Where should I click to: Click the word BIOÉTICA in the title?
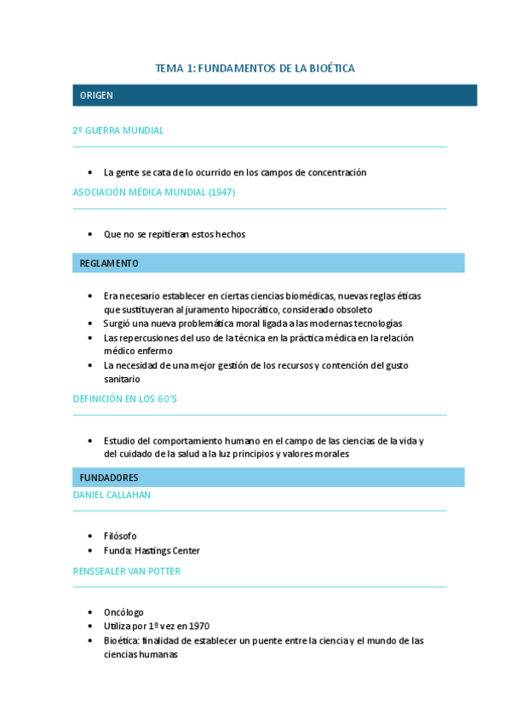pos(331,68)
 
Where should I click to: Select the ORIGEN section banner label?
pos(96,95)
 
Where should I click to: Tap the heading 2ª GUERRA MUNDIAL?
pos(118,131)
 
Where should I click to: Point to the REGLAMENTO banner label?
pos(109,263)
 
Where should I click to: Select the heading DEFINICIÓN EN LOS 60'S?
pos(125,398)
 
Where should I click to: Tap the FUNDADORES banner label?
pos(109,478)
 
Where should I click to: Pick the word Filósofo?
pos(120,536)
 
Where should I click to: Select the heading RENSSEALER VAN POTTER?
pos(127,571)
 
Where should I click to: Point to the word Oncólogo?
pos(123,612)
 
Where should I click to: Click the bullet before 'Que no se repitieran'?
pos(92,234)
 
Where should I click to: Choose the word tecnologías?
pos(369,324)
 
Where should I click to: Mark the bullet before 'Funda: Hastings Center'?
pos(92,551)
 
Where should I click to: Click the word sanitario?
pos(122,379)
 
